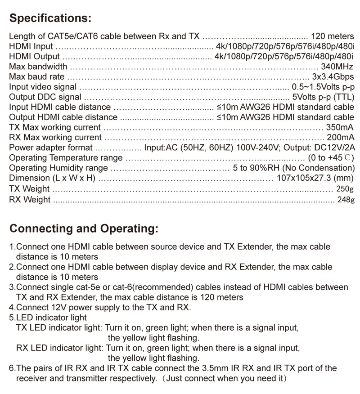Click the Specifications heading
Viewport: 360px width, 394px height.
coord(50,18)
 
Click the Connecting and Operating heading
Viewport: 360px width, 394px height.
coord(84,228)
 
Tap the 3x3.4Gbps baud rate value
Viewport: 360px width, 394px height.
coord(333,77)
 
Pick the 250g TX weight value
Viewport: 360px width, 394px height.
coord(345,189)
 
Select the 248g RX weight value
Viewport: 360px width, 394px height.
coord(345,199)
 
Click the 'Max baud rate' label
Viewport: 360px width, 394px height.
coord(36,77)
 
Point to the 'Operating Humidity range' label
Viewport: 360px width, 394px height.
coord(58,168)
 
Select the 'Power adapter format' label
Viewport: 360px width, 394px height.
coord(51,148)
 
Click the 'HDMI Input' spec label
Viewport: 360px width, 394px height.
coord(31,47)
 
